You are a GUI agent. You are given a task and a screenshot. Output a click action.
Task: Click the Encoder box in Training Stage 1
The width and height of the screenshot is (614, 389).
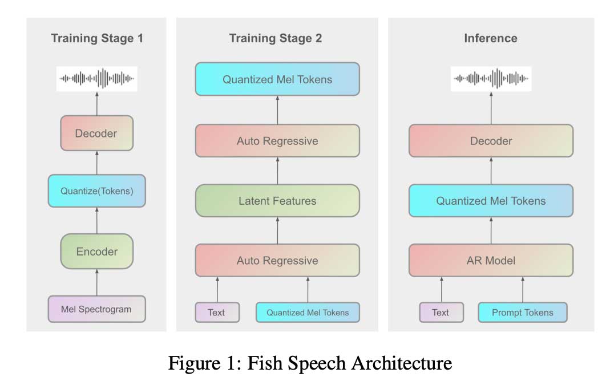pyautogui.click(x=96, y=252)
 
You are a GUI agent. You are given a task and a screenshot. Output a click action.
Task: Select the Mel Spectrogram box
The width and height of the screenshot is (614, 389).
pyautogui.click(x=96, y=309)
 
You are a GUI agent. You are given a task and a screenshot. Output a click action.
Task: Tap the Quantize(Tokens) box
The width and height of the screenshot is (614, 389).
pyautogui.click(x=96, y=191)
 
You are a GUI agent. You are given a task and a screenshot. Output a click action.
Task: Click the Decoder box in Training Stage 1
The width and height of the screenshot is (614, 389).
pyautogui.click(x=96, y=133)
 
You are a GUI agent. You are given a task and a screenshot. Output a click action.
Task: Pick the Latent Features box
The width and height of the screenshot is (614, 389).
pyautogui.click(x=277, y=201)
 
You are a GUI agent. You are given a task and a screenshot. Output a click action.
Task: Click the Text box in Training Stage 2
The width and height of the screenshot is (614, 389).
pyautogui.click(x=217, y=313)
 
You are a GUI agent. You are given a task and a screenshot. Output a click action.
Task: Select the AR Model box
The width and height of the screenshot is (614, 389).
pyautogui.click(x=491, y=261)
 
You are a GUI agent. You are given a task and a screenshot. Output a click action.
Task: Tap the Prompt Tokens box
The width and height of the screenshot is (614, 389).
pyautogui.click(x=522, y=313)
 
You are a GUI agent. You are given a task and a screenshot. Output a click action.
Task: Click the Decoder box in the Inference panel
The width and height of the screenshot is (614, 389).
pyautogui.click(x=491, y=141)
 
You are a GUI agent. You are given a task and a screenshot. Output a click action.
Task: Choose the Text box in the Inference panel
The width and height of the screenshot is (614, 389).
pyautogui.click(x=441, y=313)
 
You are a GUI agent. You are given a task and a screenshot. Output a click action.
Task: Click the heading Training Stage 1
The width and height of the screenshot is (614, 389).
pyautogui.click(x=97, y=39)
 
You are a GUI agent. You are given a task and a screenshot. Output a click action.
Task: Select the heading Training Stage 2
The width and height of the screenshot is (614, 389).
pyautogui.click(x=276, y=39)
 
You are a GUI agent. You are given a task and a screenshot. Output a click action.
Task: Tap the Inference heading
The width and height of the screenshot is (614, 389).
pyautogui.click(x=491, y=39)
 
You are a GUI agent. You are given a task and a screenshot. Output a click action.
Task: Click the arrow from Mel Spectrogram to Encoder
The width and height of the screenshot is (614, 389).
pyautogui.click(x=96, y=282)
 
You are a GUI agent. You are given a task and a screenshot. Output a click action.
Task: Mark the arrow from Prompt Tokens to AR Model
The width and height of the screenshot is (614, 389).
pyautogui.click(x=522, y=289)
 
